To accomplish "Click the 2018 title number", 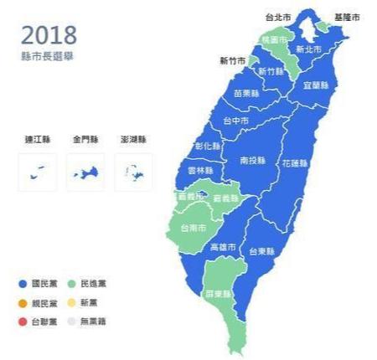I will pyautogui.click(x=49, y=35).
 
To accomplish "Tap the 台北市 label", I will pyautogui.click(x=277, y=16).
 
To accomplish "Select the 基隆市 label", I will pyautogui.click(x=346, y=16).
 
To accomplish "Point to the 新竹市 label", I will pyautogui.click(x=232, y=61).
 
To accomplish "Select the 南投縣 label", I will pyautogui.click(x=253, y=159).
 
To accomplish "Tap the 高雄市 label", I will pyautogui.click(x=223, y=248).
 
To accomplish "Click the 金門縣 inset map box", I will pyautogui.click(x=85, y=172).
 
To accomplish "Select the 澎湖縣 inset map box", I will pyautogui.click(x=132, y=172).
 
